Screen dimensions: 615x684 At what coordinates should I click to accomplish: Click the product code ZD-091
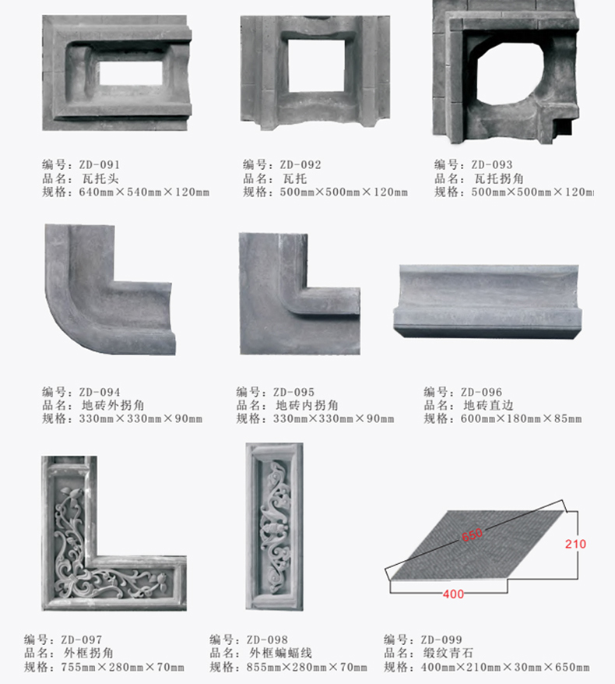point(100,165)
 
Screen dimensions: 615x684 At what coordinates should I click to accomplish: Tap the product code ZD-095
point(293,392)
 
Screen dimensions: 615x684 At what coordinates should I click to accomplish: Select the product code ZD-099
point(441,640)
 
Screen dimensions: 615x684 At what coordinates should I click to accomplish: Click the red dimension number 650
point(472,534)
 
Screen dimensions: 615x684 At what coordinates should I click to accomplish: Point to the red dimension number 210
point(575,544)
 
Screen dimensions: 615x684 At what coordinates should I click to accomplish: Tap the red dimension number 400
point(453,594)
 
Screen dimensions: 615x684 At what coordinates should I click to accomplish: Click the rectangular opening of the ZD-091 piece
point(131,73)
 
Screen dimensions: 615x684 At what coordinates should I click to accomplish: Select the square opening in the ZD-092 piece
point(316,65)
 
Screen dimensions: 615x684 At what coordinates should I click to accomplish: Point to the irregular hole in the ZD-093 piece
point(510,73)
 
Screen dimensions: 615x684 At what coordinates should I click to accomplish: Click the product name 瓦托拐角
point(499,178)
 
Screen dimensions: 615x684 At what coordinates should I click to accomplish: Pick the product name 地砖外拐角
point(113,405)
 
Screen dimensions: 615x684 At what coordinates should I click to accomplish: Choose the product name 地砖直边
point(488,405)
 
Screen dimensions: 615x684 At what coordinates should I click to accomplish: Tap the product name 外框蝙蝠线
point(281,653)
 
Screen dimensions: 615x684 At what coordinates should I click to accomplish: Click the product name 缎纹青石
point(448,653)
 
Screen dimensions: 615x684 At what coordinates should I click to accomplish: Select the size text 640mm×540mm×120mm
point(144,192)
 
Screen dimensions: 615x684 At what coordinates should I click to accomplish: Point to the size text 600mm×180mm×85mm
point(522,419)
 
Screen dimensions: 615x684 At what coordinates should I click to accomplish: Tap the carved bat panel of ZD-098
point(274,527)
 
